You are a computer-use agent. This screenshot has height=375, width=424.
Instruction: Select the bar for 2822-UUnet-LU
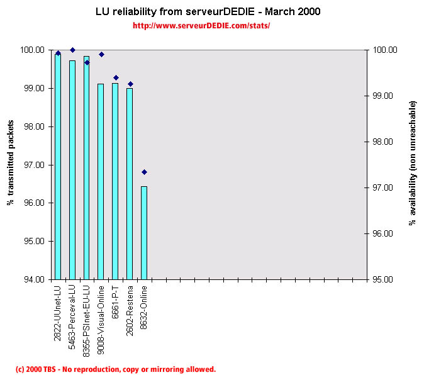[x=58, y=167]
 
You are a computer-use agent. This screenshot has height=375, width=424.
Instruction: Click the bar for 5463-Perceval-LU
[x=72, y=170]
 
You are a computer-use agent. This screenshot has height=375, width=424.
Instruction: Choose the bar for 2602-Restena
[x=130, y=184]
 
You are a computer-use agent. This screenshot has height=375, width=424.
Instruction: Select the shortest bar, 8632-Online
[x=144, y=233]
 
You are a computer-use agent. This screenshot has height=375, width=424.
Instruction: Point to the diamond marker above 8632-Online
[x=144, y=172]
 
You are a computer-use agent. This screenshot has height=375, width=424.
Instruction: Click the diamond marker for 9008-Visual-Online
[x=101, y=54]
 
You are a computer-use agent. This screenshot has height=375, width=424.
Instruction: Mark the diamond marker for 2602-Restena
[x=130, y=84]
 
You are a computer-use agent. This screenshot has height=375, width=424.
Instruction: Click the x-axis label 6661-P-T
[x=115, y=301]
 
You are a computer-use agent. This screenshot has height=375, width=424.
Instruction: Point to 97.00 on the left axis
[x=35, y=165]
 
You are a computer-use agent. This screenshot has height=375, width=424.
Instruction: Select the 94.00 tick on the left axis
[x=35, y=279]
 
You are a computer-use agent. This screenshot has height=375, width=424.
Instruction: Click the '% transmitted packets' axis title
[x=11, y=164]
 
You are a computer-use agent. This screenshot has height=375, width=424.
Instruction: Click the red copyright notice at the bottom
[x=116, y=369]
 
